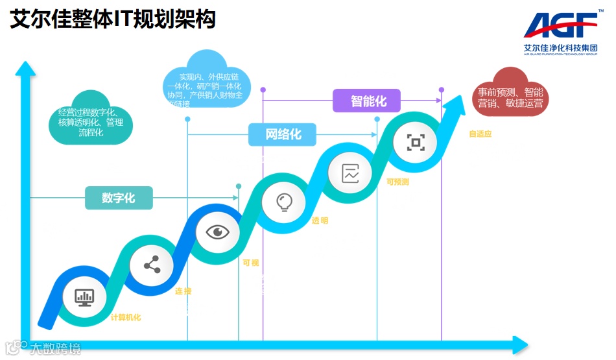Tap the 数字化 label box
[119, 198]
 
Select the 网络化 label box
[283, 135]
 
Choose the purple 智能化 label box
[367, 101]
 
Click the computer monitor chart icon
[84, 296]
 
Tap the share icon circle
[152, 265]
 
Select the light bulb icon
[283, 202]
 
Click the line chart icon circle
[350, 173]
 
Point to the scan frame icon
[415, 142]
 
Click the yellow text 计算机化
[126, 318]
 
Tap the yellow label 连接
[184, 292]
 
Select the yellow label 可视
[250, 263]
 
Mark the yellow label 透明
[320, 221]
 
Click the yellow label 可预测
[397, 182]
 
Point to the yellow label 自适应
[480, 134]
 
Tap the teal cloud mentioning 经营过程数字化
[91, 121]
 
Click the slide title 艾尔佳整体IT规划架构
[113, 19]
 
